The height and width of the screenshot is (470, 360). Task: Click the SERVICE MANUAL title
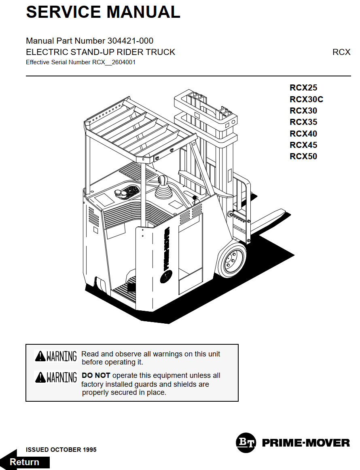pos(103,12)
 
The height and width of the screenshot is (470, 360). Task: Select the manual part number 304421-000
pos(130,41)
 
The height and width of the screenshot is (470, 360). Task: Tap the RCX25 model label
pos(303,88)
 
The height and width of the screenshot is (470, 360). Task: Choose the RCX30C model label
pos(306,99)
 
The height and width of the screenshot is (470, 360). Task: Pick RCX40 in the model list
pos(303,134)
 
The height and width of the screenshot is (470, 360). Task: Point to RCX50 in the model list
pos(303,156)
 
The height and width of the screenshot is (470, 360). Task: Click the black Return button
pos(25,462)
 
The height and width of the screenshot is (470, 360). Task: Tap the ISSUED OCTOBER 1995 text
pos(61,449)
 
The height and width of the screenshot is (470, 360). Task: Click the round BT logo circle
pos(246,443)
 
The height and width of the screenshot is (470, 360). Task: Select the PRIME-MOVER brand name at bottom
pos(306,443)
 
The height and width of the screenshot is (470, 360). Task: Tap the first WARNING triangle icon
pos(40,356)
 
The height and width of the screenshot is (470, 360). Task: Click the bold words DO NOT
pos(96,375)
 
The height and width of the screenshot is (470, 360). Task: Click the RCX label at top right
pos(341,52)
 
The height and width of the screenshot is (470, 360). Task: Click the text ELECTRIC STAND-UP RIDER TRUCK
pos(100,52)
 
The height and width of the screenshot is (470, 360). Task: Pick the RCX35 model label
pos(303,122)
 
